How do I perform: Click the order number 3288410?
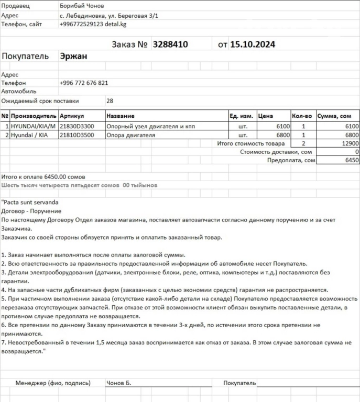pos(170,44)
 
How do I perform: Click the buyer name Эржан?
pos(73,57)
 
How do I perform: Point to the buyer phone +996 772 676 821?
pos(84,83)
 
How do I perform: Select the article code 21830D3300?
pos(77,126)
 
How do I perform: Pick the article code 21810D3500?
pos(77,135)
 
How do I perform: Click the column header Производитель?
pos(33,116)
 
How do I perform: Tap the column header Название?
pos(120,116)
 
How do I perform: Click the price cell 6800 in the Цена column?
pos(282,135)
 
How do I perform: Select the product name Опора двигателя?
pos(130,135)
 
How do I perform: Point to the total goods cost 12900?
pos(350,143)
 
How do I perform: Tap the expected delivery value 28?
pos(110,101)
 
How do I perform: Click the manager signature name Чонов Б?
pos(118,383)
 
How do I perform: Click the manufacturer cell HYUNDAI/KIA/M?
pos(33,126)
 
